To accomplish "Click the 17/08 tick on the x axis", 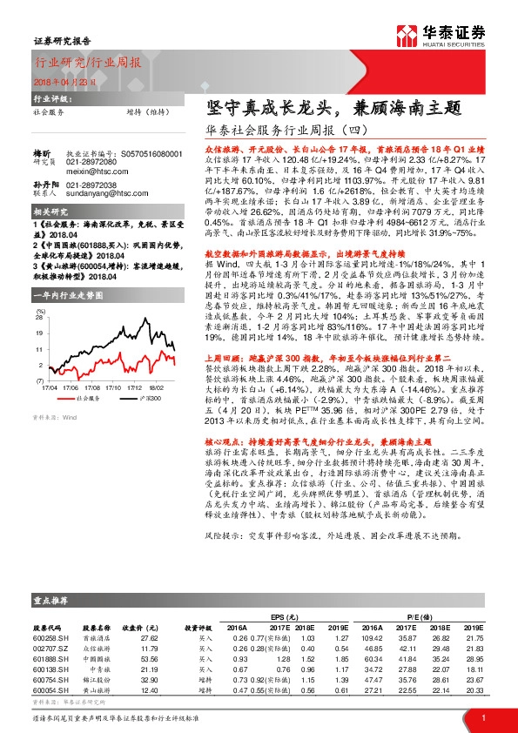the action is click(x=91, y=387).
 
